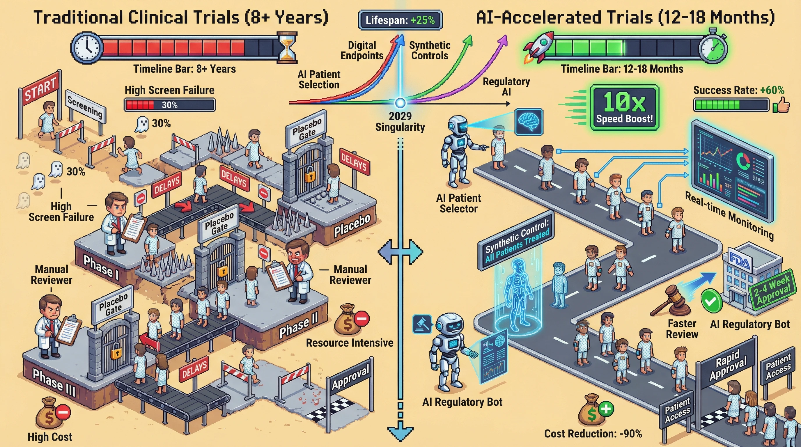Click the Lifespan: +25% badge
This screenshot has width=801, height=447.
pos(400,20)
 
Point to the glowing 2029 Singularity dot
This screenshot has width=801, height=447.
pos(400,102)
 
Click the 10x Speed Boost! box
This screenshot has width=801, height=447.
pos(624,107)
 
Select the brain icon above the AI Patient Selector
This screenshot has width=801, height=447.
pos(528,122)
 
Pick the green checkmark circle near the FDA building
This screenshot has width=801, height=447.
pos(711,301)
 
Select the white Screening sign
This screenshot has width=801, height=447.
pos(85,106)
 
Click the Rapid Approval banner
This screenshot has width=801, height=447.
pos(727,366)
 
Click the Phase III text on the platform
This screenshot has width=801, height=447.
pos(54,382)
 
